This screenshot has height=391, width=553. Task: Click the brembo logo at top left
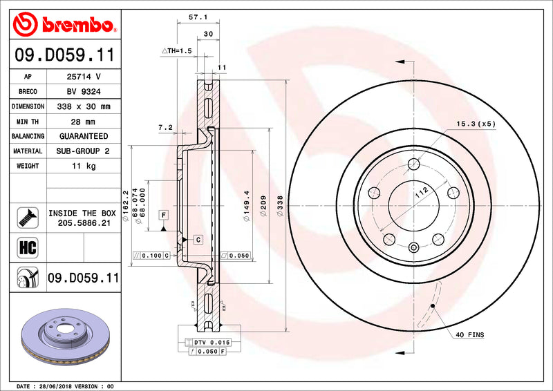(x=64, y=24)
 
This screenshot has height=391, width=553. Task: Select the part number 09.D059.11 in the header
(x=64, y=55)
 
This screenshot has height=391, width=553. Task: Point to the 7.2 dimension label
(x=165, y=127)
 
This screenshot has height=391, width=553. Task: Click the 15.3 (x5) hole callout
(x=476, y=124)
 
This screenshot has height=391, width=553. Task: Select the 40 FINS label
(x=470, y=334)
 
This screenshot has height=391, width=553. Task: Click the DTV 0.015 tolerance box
(x=207, y=343)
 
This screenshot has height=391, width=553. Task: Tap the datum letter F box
(x=164, y=214)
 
